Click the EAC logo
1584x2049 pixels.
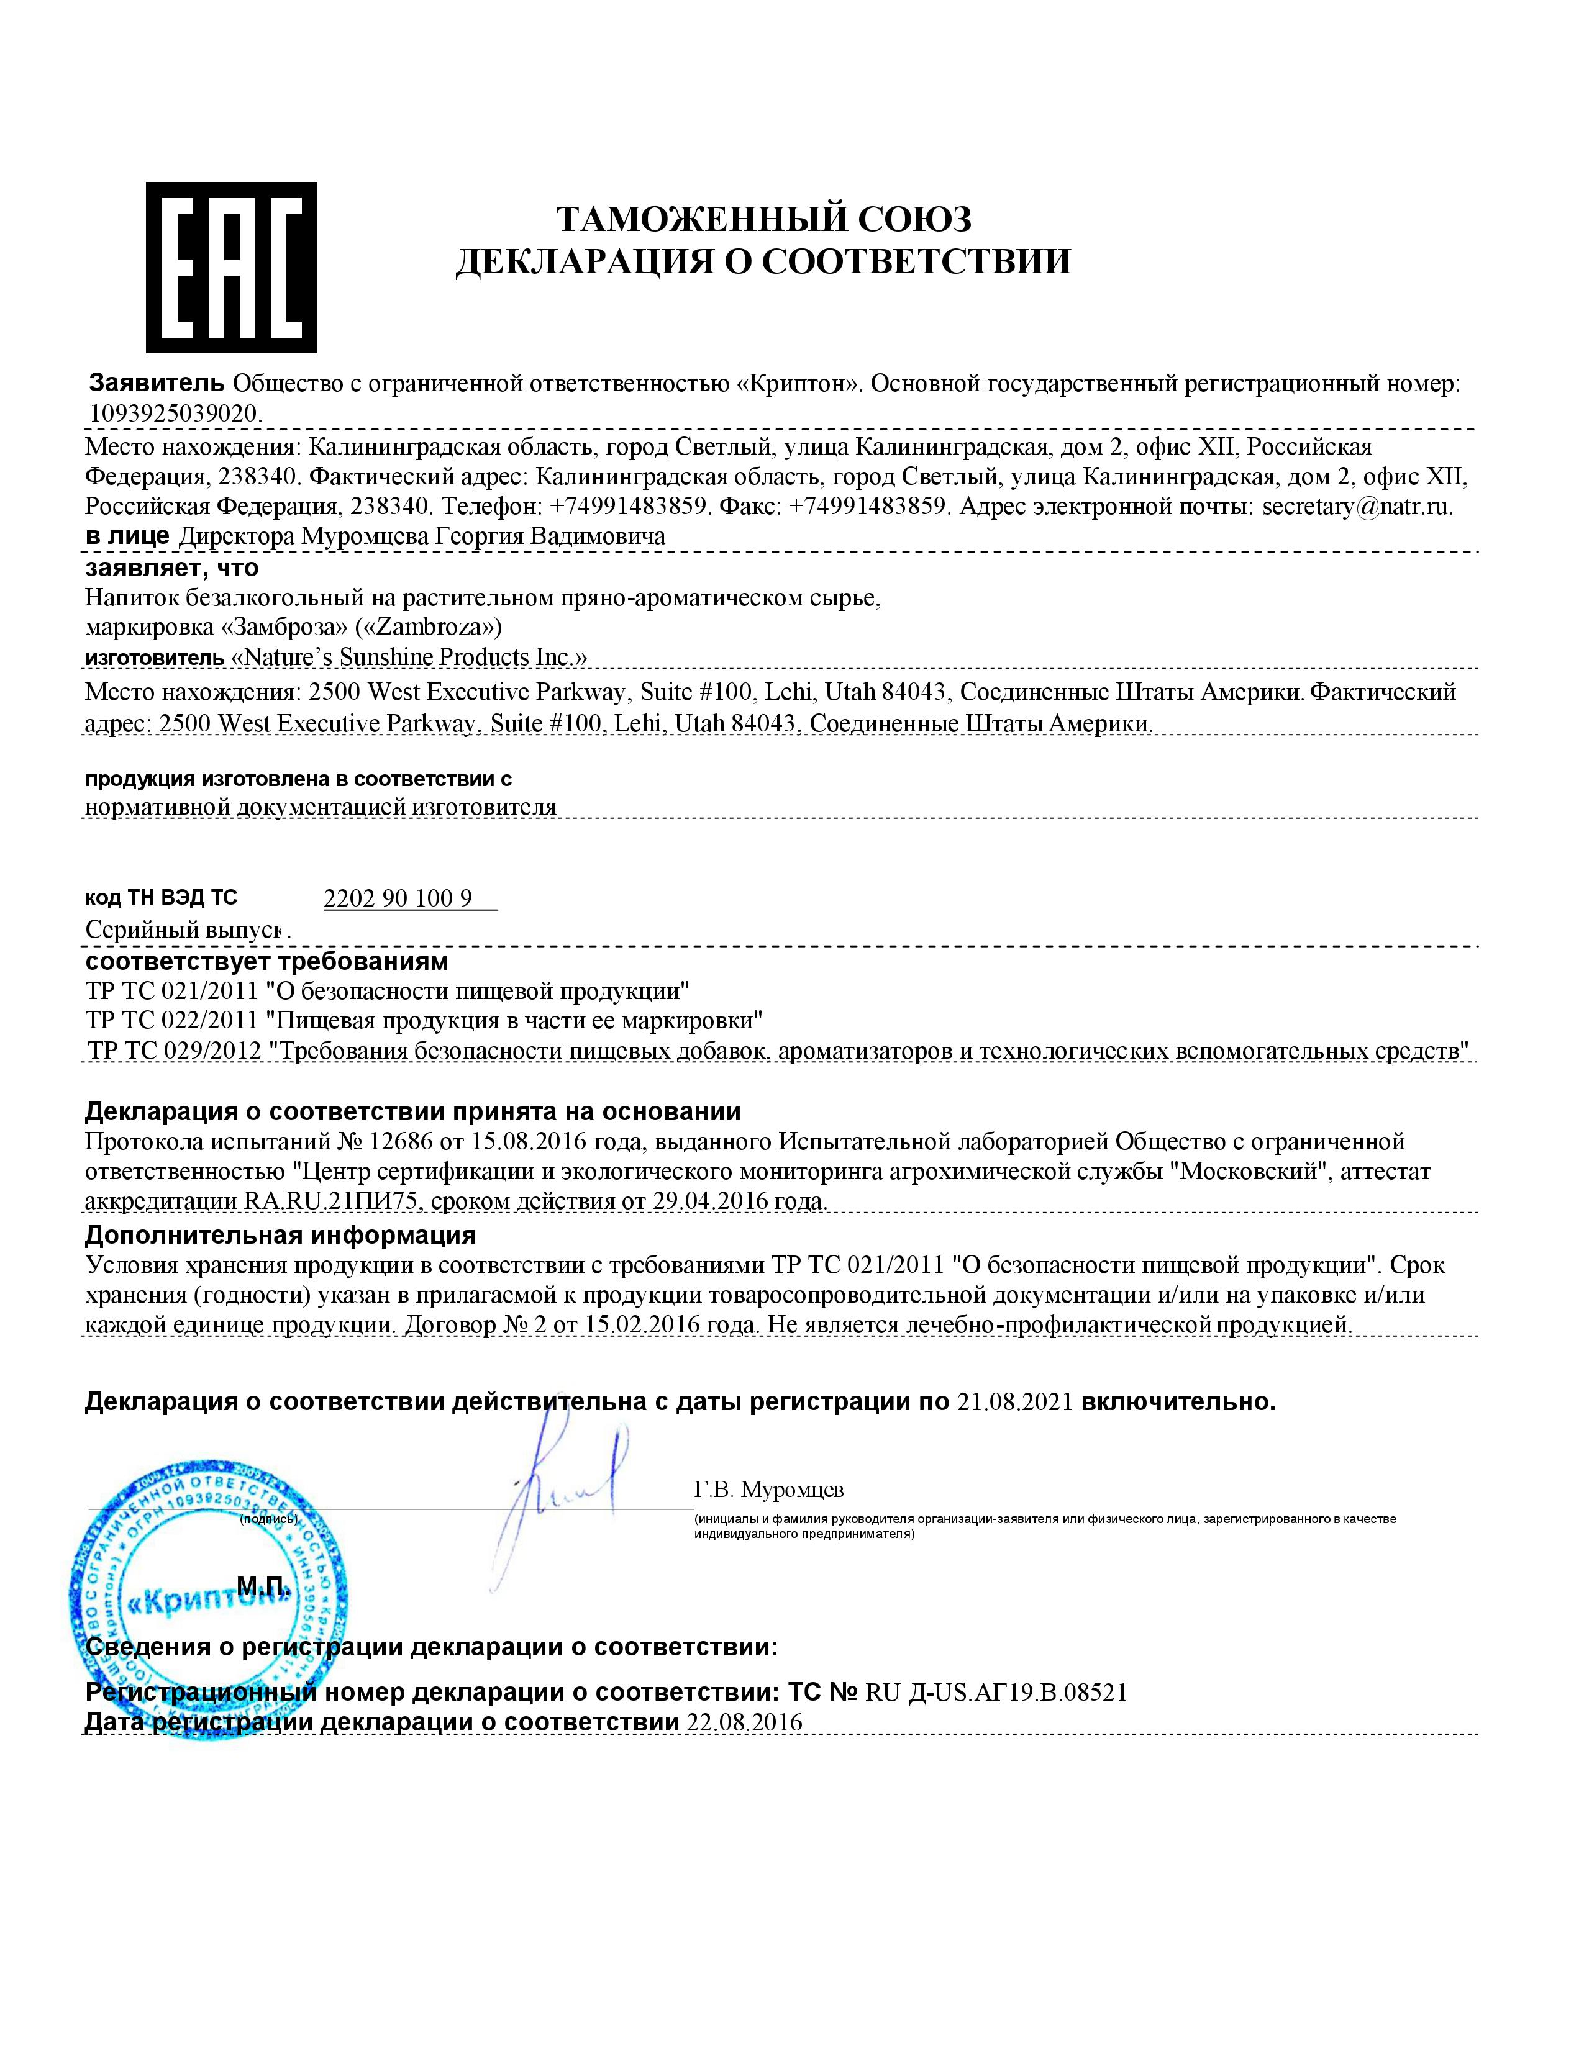point(231,268)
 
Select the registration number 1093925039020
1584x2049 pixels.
point(175,413)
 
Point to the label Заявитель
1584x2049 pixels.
point(156,382)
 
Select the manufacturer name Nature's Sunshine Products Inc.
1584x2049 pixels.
point(409,657)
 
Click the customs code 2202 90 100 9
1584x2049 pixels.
point(398,899)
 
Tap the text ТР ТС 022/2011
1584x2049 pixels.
point(171,1020)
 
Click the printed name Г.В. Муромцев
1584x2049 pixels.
point(768,1489)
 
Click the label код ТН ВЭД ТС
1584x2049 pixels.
point(162,898)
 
